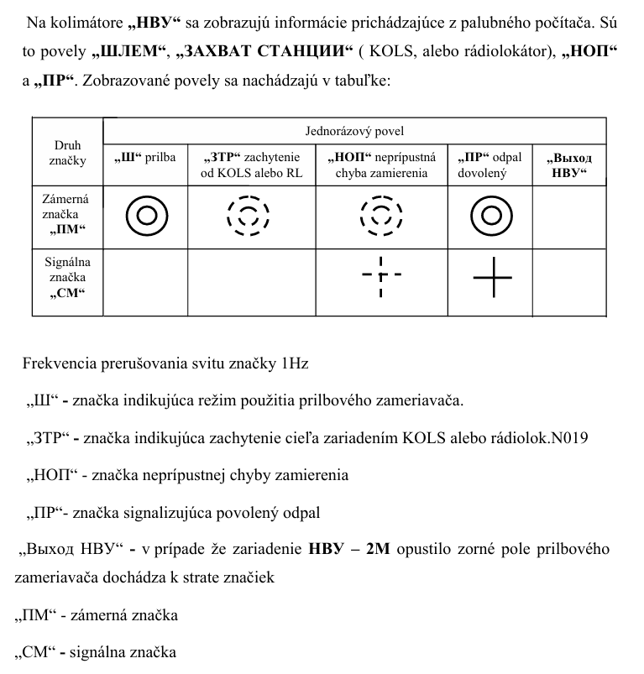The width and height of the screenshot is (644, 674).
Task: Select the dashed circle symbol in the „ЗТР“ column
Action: (248, 216)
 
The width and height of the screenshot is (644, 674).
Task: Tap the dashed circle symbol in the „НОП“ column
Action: (381, 216)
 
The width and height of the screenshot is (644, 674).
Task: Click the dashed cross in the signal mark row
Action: (381, 275)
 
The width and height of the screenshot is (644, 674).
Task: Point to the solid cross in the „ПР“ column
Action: (492, 276)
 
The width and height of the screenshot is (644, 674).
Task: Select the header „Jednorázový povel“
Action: (353, 132)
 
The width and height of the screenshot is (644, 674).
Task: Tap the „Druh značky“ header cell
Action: (67, 152)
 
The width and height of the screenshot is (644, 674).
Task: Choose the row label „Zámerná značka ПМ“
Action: (66, 215)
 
